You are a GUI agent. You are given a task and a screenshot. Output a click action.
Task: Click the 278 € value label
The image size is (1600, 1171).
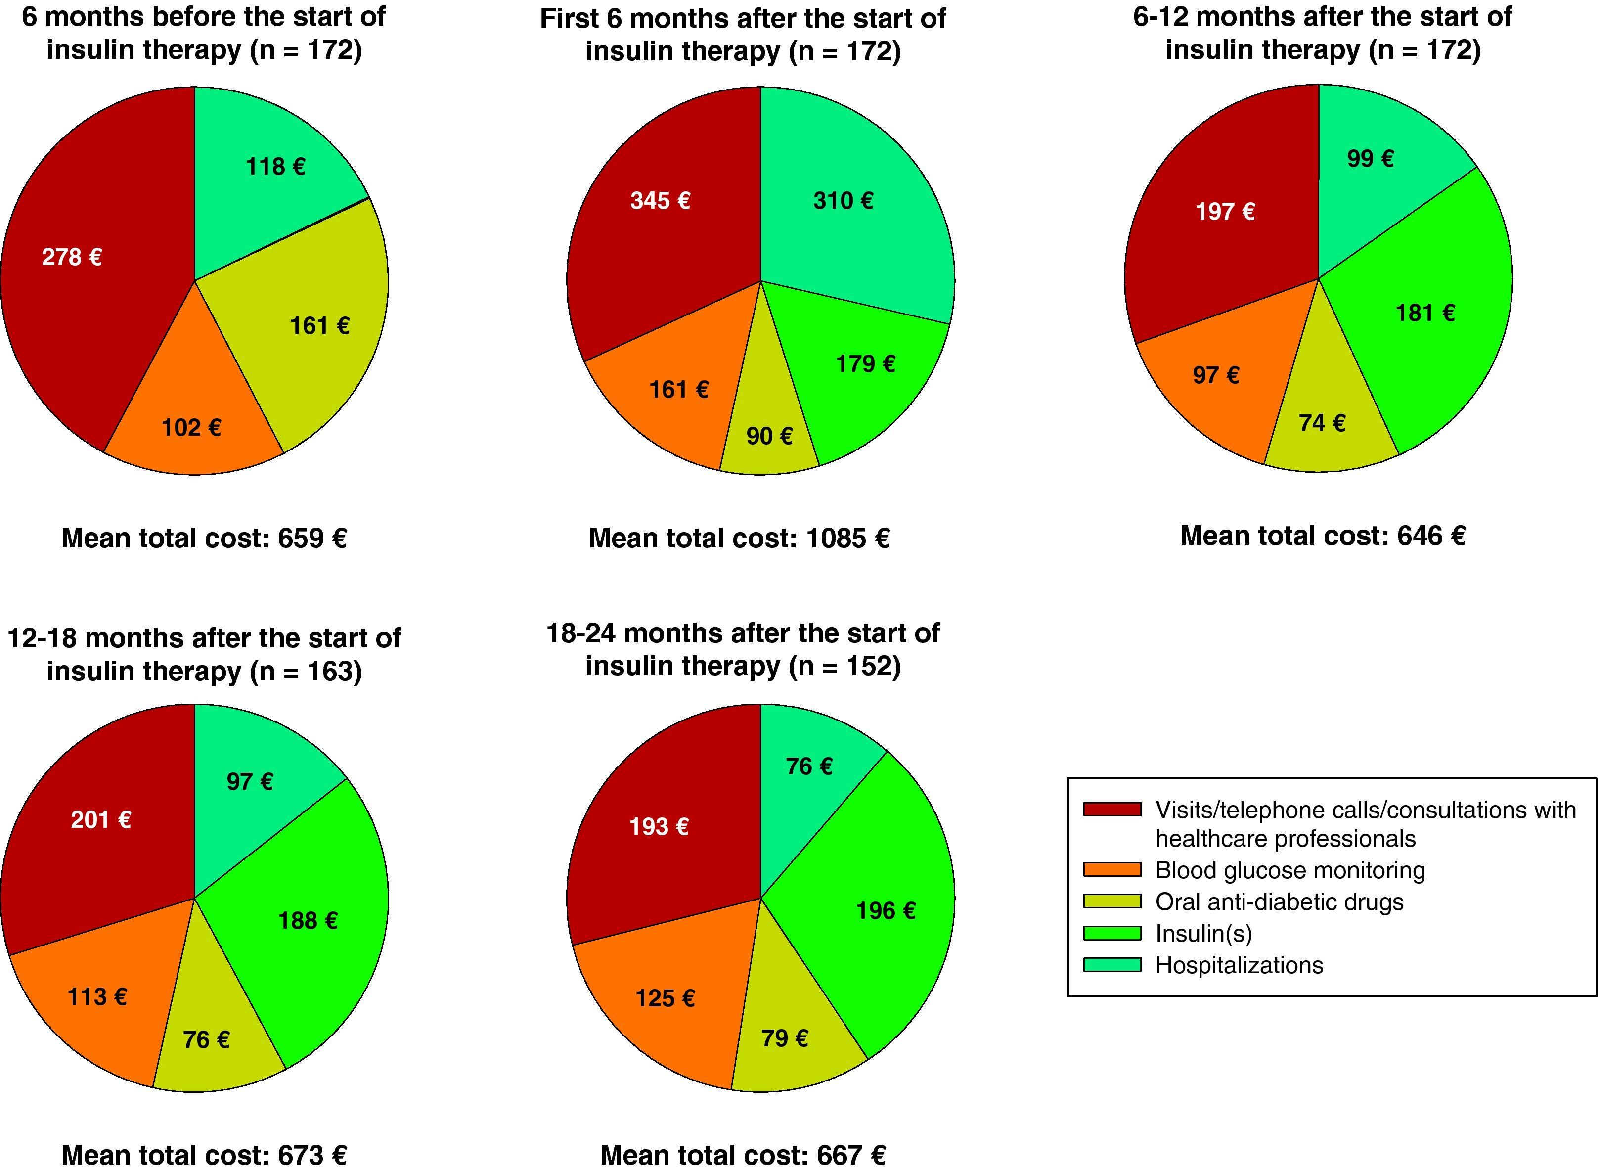(x=72, y=257)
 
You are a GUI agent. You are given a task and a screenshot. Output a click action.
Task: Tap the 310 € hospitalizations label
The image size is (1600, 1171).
(x=843, y=201)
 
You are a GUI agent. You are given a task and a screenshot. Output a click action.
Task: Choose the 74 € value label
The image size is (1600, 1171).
(x=1322, y=423)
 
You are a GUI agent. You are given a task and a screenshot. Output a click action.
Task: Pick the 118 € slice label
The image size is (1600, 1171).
(x=275, y=167)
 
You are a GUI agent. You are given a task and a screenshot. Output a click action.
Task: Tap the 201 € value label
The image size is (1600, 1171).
(x=101, y=820)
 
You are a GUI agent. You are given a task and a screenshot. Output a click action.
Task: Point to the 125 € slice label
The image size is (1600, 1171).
(x=665, y=999)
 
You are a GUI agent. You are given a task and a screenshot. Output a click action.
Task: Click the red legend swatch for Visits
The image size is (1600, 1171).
(x=1112, y=810)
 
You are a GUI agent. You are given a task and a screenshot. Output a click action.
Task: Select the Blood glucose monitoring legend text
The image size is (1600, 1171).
(x=1289, y=870)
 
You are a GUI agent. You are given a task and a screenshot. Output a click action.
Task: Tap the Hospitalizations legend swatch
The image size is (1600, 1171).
(x=1112, y=965)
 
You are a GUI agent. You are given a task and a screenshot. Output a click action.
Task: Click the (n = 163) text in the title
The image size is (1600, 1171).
(x=306, y=671)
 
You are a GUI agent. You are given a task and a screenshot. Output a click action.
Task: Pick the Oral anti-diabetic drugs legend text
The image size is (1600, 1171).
(x=1279, y=901)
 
